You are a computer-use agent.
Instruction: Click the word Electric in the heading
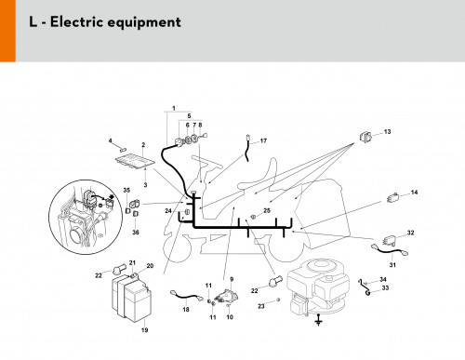pyautogui.click(x=76, y=22)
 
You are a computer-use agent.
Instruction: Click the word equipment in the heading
pyautogui.click(x=144, y=23)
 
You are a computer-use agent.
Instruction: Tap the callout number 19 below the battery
pyautogui.click(x=144, y=330)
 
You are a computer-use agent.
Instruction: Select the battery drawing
pyautogui.click(x=131, y=298)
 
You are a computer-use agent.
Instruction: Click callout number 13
pyautogui.click(x=387, y=132)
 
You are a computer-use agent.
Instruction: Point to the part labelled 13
pyautogui.click(x=365, y=137)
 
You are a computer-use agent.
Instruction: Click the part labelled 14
pyautogui.click(x=392, y=197)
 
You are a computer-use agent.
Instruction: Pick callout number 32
pyautogui.click(x=410, y=233)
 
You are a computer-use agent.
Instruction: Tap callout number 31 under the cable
pyautogui.click(x=392, y=265)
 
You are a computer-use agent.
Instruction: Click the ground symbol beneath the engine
pyautogui.click(x=318, y=320)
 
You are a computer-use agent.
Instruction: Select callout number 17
pyautogui.click(x=263, y=140)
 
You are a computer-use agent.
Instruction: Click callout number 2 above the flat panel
pyautogui.click(x=143, y=145)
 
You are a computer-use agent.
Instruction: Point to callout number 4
pyautogui.click(x=111, y=140)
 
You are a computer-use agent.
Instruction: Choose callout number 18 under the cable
pyautogui.click(x=186, y=309)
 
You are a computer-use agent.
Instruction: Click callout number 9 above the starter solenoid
pyautogui.click(x=232, y=279)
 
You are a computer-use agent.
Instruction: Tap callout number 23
pyautogui.click(x=261, y=306)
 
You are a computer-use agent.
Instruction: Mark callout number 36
pyautogui.click(x=136, y=233)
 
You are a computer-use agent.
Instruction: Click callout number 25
pyautogui.click(x=267, y=210)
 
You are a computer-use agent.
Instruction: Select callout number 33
pyautogui.click(x=385, y=288)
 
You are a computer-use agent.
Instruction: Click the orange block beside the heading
pyautogui.click(x=7, y=31)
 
